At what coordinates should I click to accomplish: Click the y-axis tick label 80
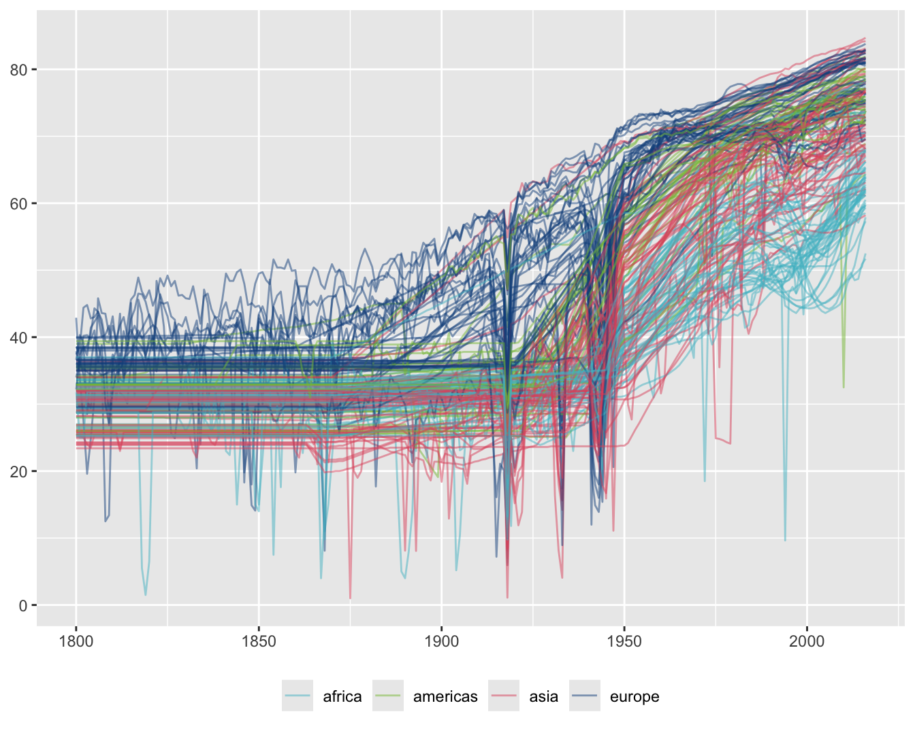(18, 69)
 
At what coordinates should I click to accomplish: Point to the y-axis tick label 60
(18, 203)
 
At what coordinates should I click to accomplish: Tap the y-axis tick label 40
(18, 337)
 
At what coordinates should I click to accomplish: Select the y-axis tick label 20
(18, 471)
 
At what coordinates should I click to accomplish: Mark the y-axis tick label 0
(22, 605)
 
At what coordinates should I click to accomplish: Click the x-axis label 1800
(76, 642)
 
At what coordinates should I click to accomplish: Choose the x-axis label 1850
(259, 642)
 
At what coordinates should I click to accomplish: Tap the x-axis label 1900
(441, 642)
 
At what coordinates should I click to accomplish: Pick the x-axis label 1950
(624, 642)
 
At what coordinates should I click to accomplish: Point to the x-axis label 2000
(807, 642)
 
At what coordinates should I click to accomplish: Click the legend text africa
(342, 696)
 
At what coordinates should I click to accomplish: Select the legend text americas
(445, 696)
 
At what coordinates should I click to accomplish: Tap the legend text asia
(543, 696)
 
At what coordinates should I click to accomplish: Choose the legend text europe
(634, 696)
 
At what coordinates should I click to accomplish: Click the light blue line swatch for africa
(298, 696)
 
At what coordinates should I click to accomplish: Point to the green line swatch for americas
(388, 696)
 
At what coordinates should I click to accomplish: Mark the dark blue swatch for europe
(585, 696)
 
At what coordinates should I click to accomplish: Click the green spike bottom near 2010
(844, 387)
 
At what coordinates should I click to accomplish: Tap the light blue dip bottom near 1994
(785, 540)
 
